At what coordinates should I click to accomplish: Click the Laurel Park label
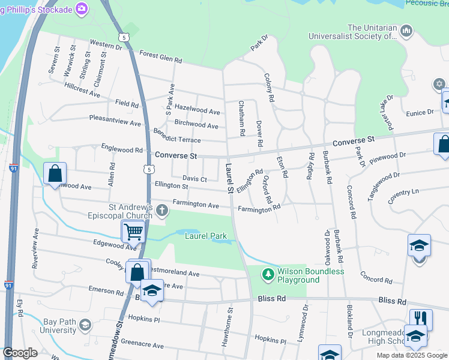coord(205,236)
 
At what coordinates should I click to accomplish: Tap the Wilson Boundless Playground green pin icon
coord(268,275)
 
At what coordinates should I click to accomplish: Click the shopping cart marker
coord(133,232)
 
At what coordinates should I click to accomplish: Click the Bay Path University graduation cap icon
coord(85,325)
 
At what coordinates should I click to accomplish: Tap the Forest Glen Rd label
coord(160,56)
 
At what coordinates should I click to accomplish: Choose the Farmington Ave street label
coord(196,205)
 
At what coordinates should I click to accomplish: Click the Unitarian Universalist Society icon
coord(406,31)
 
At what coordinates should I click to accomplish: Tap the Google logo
coord(20,353)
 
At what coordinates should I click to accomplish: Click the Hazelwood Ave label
coord(197,111)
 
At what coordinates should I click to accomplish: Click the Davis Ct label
coord(194,179)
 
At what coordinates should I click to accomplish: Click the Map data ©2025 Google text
coord(412,355)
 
